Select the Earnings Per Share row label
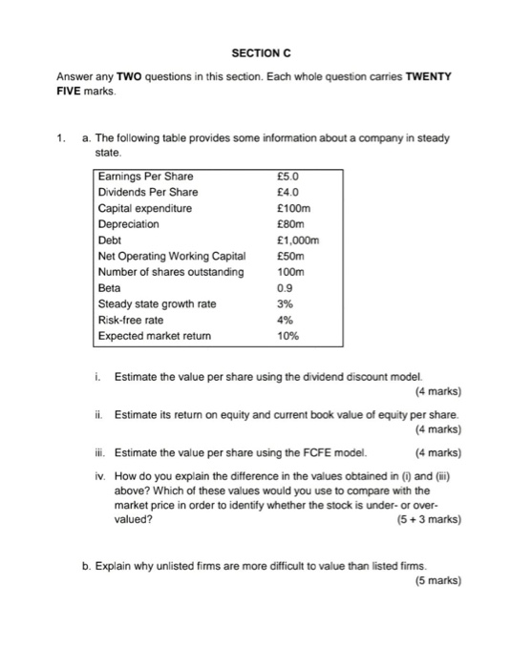[x=145, y=176]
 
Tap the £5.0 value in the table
[x=287, y=176]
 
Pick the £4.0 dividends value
[x=287, y=192]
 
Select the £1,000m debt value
[x=296, y=240]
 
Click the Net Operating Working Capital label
[x=172, y=256]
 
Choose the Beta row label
[x=110, y=288]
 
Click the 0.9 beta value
[x=282, y=288]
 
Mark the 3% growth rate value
[x=283, y=304]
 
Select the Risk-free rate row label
[x=131, y=321]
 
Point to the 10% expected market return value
[x=287, y=337]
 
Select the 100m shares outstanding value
[x=289, y=272]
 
